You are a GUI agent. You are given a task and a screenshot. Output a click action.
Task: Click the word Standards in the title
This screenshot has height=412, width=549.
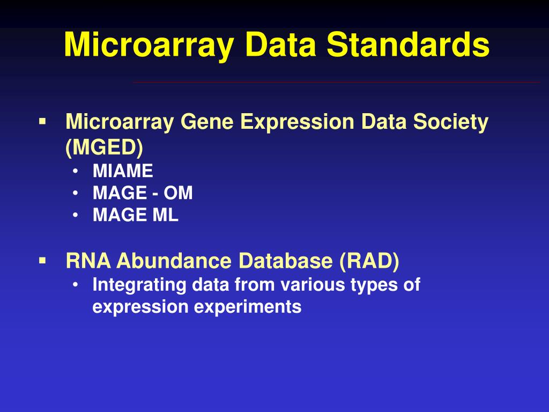(409, 45)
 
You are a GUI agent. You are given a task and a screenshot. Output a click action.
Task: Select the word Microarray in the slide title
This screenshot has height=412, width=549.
(149, 45)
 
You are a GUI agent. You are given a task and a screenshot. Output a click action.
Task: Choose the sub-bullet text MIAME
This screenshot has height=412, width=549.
(123, 172)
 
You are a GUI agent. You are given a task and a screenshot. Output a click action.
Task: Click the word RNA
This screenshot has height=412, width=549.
(88, 261)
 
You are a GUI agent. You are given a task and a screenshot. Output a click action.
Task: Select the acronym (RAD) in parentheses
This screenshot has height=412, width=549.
(369, 261)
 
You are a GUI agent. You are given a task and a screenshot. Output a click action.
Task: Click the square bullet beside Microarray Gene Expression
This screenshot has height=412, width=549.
(42, 121)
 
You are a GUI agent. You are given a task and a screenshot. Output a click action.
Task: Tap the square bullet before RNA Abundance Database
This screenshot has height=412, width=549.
(42, 260)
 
